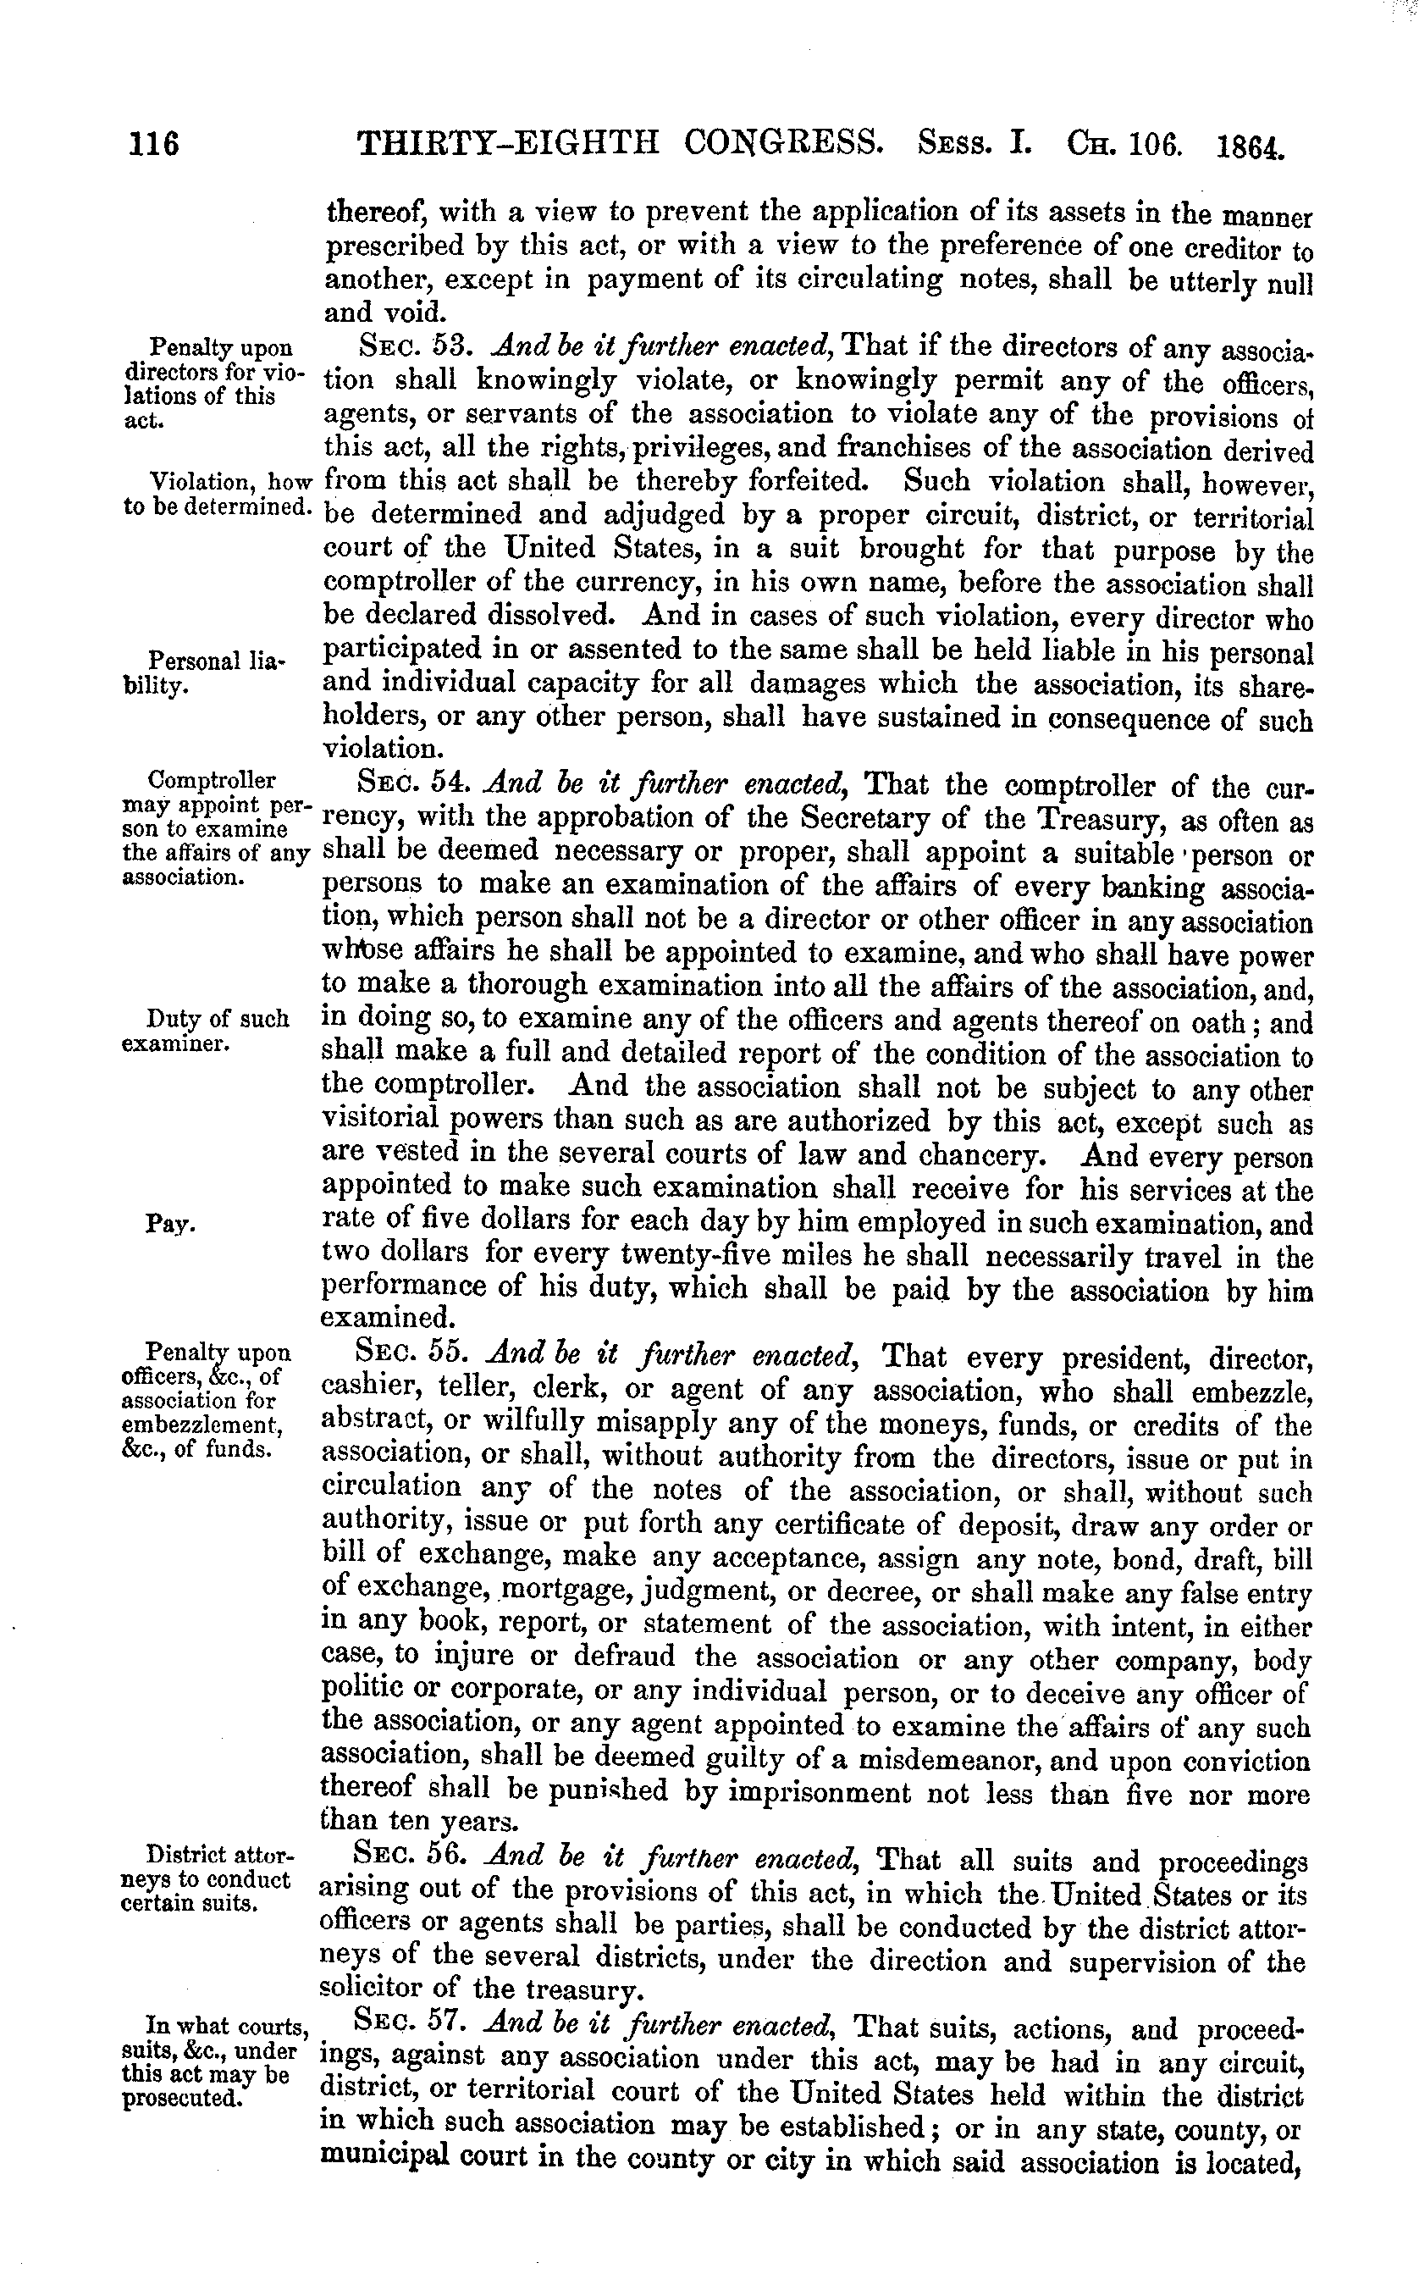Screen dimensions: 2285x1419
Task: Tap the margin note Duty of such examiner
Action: point(207,1031)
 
